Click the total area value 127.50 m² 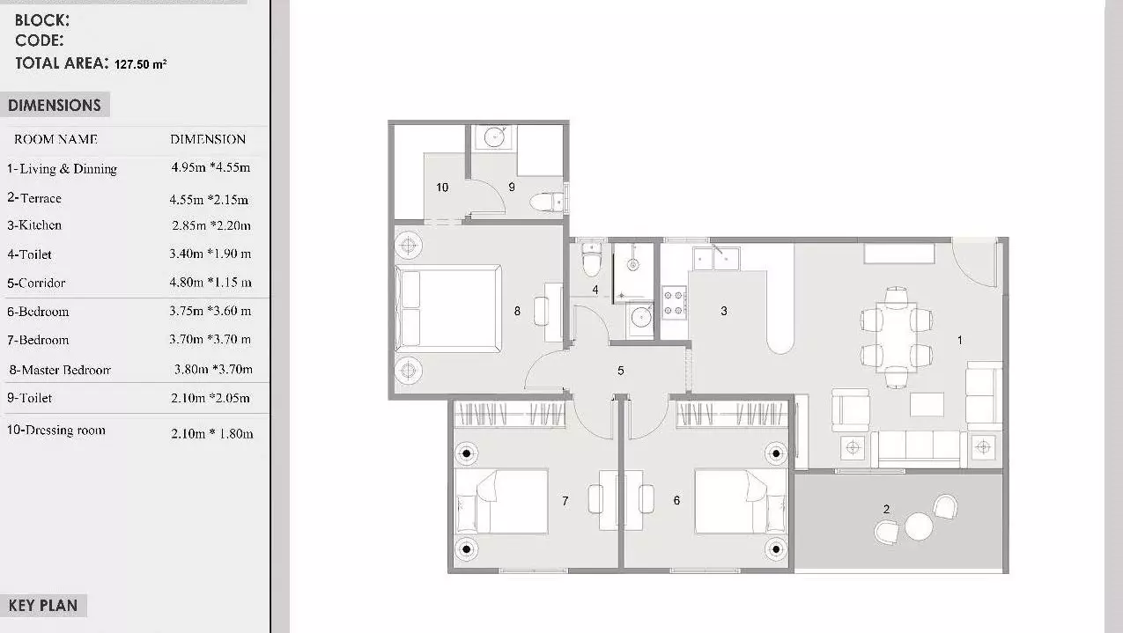pyautogui.click(x=140, y=64)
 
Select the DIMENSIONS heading pyautogui.click(x=55, y=106)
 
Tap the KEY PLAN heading pyautogui.click(x=43, y=606)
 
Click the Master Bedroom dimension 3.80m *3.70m pyautogui.click(x=213, y=370)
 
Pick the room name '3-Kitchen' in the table pyautogui.click(x=34, y=225)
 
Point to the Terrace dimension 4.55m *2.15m pyautogui.click(x=209, y=200)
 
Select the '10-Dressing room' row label pyautogui.click(x=56, y=430)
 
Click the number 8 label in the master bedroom pyautogui.click(x=517, y=312)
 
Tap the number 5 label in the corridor pyautogui.click(x=621, y=371)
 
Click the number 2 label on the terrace pyautogui.click(x=886, y=509)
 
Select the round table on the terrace pyautogui.click(x=919, y=526)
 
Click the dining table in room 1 pyautogui.click(x=897, y=337)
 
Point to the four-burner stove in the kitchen pyautogui.click(x=675, y=303)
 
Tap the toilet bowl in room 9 pyautogui.click(x=547, y=202)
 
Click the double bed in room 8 pyautogui.click(x=448, y=308)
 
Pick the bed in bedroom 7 pyautogui.click(x=501, y=502)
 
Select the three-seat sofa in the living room pyautogui.click(x=919, y=449)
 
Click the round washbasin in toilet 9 pyautogui.click(x=494, y=136)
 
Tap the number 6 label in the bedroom pyautogui.click(x=676, y=500)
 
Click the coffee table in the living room pyautogui.click(x=927, y=404)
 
